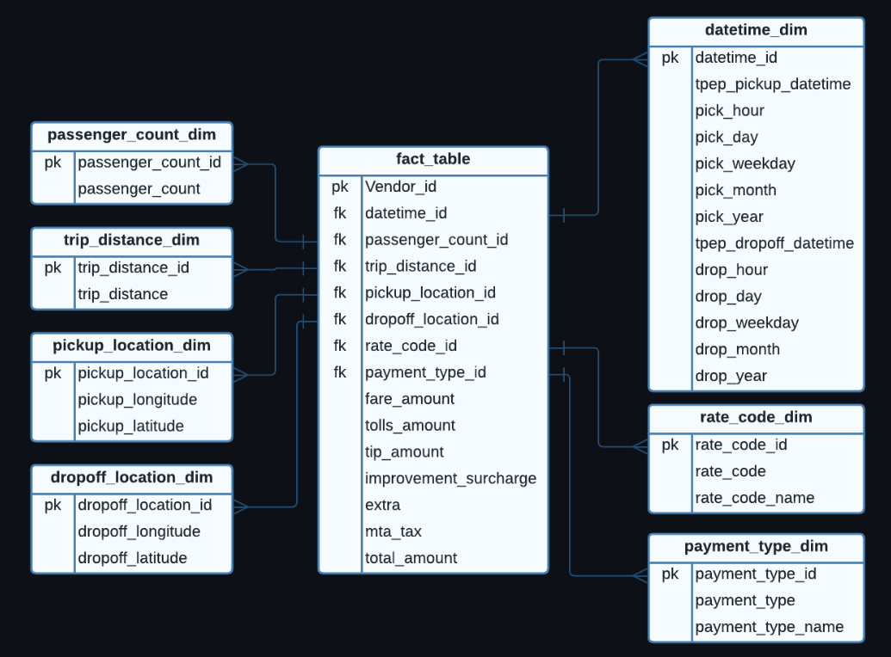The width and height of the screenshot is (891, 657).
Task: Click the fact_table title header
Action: pos(433,159)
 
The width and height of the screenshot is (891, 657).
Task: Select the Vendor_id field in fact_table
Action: pos(400,187)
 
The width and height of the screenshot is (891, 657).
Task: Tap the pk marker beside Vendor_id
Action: pos(340,187)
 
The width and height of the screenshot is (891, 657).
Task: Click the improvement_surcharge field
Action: pos(450,478)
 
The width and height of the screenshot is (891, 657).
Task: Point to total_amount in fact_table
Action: pos(411,558)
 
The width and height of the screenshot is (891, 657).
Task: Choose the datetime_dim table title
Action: pos(756,30)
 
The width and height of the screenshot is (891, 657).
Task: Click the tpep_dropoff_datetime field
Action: pos(774,243)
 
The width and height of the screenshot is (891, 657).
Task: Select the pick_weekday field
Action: pos(745,163)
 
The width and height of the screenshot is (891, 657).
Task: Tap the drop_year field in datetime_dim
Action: pos(731,376)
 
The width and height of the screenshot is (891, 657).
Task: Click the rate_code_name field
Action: pos(754,498)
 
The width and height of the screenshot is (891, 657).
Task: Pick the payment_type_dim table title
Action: pos(756,546)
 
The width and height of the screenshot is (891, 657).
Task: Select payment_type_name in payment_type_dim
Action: pos(769,627)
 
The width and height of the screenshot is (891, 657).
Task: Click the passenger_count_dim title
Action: pos(132,135)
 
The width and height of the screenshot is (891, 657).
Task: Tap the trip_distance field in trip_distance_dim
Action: pos(122,294)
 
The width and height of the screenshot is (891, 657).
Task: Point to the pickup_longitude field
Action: pos(137,400)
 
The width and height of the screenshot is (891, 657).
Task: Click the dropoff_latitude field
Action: pos(132,558)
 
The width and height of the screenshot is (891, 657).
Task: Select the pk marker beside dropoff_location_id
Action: pos(53,505)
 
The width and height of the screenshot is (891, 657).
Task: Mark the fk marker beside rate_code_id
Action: pos(340,346)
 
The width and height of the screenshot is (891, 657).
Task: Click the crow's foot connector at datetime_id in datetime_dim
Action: pos(639,58)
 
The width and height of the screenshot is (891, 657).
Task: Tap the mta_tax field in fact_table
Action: pos(393,531)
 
